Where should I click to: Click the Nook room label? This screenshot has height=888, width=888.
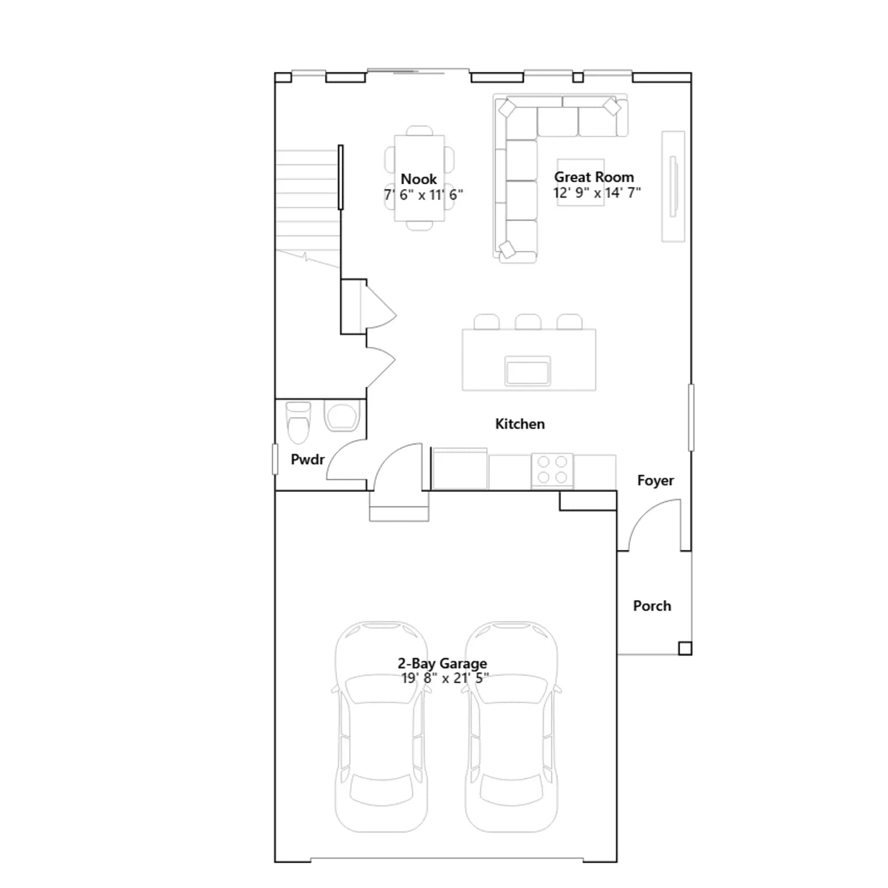click(x=418, y=179)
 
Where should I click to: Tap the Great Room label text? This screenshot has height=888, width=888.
click(x=594, y=177)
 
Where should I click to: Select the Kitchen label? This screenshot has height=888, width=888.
click(x=520, y=424)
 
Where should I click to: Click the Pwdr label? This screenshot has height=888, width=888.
click(x=307, y=460)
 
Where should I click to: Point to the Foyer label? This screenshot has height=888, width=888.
click(x=655, y=481)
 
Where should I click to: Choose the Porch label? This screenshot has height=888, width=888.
click(x=652, y=606)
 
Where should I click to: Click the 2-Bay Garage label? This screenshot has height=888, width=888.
click(x=442, y=663)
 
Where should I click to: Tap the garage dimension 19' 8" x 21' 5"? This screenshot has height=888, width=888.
click(x=445, y=678)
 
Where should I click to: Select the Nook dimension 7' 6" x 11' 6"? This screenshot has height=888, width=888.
click(x=423, y=195)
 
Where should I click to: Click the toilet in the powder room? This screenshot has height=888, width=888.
click(x=298, y=422)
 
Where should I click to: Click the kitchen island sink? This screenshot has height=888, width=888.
click(x=527, y=371)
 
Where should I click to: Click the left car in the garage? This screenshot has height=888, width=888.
click(x=382, y=726)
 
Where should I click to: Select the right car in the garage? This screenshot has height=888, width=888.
click(x=511, y=726)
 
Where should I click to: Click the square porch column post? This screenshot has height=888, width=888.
click(x=685, y=648)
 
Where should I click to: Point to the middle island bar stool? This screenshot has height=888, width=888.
click(x=528, y=322)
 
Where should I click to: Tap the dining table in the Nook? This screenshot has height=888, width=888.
click(x=420, y=178)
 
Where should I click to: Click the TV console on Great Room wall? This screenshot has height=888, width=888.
click(x=673, y=186)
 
